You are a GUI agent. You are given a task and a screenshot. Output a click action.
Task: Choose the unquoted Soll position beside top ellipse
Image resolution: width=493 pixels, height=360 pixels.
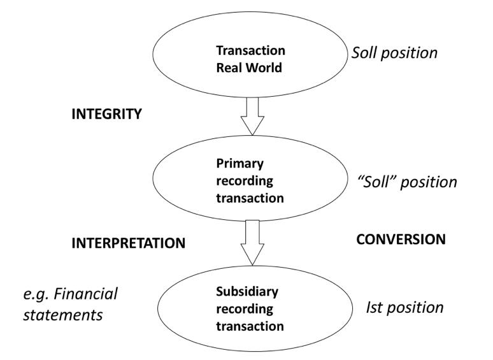[394, 52]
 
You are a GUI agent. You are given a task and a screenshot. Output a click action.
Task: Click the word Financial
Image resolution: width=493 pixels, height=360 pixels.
[86, 294]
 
